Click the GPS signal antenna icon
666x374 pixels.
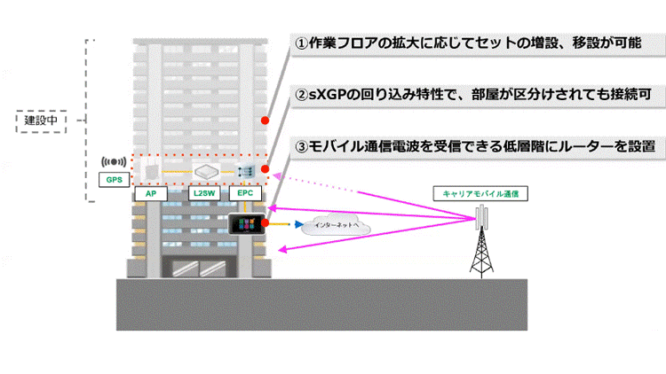[x=113, y=163]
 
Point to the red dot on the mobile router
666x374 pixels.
[x=266, y=222]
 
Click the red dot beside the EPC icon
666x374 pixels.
[x=266, y=170]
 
